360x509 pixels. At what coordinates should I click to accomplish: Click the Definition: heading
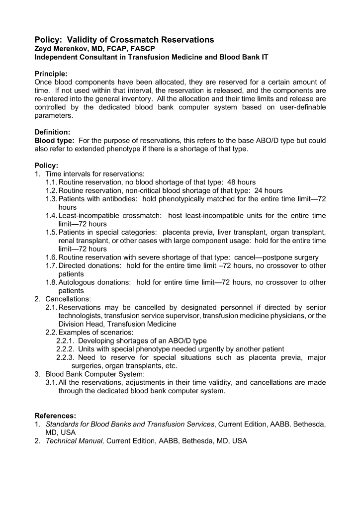52,132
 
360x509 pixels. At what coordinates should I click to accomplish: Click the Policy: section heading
46,165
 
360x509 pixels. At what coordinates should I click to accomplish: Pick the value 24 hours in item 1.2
269,190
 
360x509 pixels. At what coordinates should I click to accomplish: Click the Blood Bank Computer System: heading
95,374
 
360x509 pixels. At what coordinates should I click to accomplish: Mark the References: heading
55,416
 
